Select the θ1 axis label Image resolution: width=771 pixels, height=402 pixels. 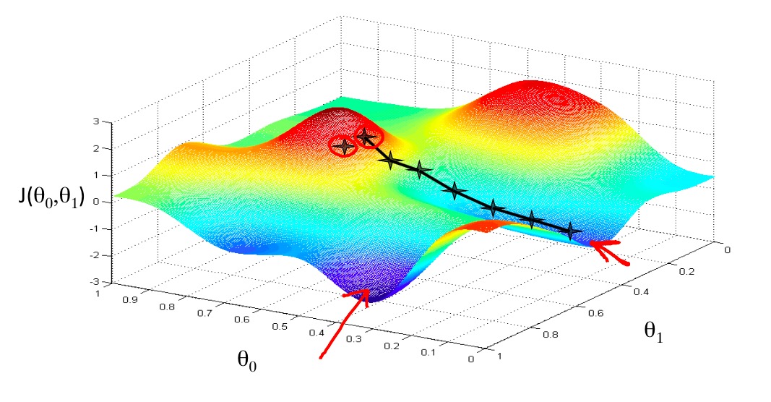pos(655,331)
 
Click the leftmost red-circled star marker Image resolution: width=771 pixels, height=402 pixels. pos(344,147)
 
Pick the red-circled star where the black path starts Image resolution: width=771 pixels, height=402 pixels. pos(366,137)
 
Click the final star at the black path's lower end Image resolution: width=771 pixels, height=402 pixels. pos(571,231)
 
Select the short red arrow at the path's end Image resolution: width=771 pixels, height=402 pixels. pos(610,252)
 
